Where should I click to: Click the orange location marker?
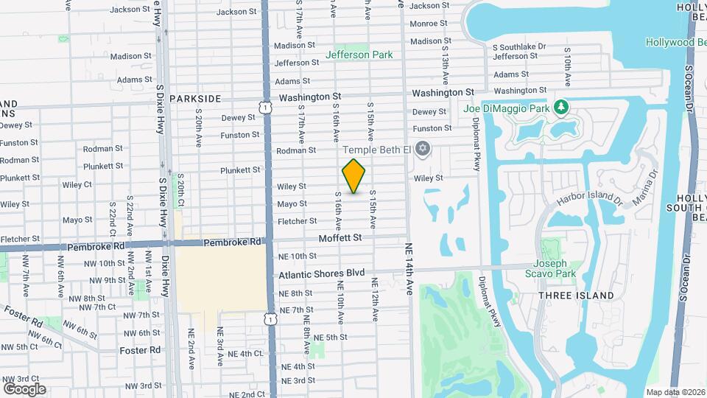[x=354, y=176]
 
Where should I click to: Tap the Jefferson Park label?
[x=359, y=55]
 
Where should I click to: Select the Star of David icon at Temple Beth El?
[x=422, y=150]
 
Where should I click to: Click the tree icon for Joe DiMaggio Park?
[x=563, y=108]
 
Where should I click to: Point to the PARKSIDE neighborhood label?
[x=194, y=98]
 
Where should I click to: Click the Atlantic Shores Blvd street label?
[x=322, y=273]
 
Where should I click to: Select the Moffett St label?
[x=340, y=238]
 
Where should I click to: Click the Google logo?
[x=24, y=388]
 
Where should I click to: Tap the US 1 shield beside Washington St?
[x=264, y=108]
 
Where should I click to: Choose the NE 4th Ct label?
[x=245, y=354]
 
